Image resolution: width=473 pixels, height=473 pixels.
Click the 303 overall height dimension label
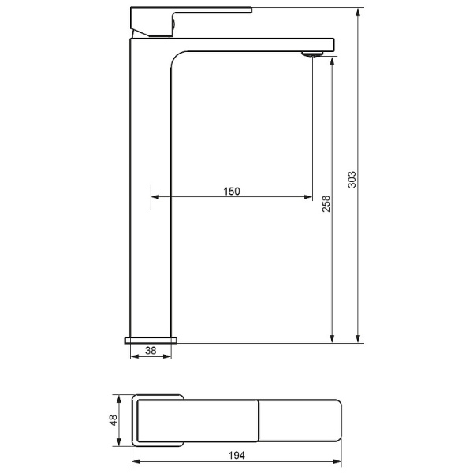tap(352, 180)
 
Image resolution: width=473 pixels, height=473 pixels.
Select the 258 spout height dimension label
tap(326, 204)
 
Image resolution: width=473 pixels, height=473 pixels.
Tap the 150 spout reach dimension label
tap(232, 192)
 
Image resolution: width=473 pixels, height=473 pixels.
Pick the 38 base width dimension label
tap(151, 350)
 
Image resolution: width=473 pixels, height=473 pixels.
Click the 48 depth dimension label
tap(113, 420)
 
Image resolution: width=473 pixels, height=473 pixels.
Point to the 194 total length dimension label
tap(236, 455)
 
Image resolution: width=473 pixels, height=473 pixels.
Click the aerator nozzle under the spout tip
tap(312, 54)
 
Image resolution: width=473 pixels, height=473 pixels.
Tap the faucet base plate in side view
tap(151, 341)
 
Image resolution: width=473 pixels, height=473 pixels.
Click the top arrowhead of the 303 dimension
tap(358, 13)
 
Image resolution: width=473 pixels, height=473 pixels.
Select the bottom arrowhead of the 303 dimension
tap(358, 338)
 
